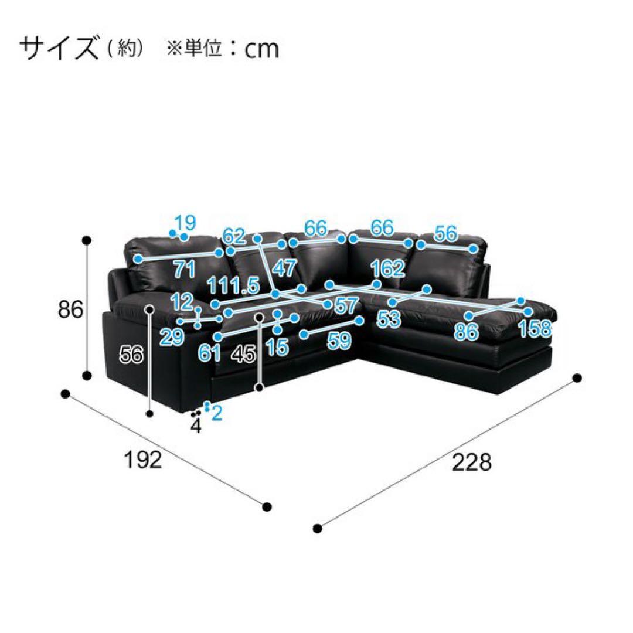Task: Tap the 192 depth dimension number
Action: pos(142,461)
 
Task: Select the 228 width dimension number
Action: pos(471,463)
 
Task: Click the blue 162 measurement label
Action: pos(387,269)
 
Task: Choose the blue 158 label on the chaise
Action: pos(535,330)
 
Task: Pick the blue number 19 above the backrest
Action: pos(185,223)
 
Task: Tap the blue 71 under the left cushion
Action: pos(184,270)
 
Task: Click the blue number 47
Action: pos(284,268)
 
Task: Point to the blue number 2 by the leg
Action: pos(216,413)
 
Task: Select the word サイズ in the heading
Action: pos(58,48)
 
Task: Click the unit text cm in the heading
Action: pos(261,50)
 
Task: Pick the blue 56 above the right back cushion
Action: pos(446,234)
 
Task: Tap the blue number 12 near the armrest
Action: pos(183,302)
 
